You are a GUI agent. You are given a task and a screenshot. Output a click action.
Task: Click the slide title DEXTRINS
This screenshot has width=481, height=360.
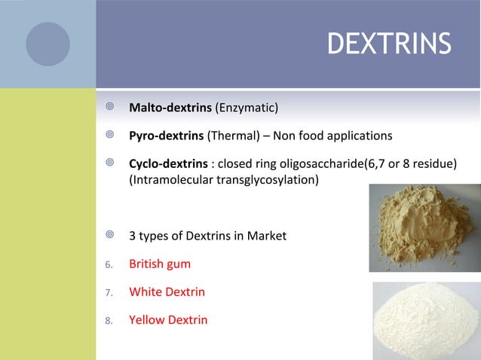[389, 44]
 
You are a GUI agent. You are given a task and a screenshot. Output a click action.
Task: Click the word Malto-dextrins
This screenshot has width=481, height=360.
[171, 109]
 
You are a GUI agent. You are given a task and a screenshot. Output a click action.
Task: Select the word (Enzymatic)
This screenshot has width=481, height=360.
[247, 109]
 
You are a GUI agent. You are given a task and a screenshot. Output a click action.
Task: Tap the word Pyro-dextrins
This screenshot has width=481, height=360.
[167, 136]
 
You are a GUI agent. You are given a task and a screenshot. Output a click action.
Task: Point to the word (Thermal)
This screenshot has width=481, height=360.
[231, 136]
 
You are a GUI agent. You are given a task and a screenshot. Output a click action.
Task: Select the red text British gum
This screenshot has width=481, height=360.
[160, 264]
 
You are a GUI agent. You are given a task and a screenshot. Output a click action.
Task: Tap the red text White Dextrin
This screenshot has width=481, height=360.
[167, 291]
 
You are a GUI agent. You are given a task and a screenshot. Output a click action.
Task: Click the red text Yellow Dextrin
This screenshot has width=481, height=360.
[168, 319]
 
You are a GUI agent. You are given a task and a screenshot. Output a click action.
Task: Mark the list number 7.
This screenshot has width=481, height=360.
[109, 292]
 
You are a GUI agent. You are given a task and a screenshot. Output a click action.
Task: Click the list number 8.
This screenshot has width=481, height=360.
[109, 320]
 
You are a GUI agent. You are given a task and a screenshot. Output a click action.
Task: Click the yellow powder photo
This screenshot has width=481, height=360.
[424, 227]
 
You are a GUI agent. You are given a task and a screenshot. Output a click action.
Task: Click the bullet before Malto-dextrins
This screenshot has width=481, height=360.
[109, 109]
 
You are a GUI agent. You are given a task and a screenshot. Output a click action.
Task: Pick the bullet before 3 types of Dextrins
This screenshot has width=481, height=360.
[109, 236]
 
